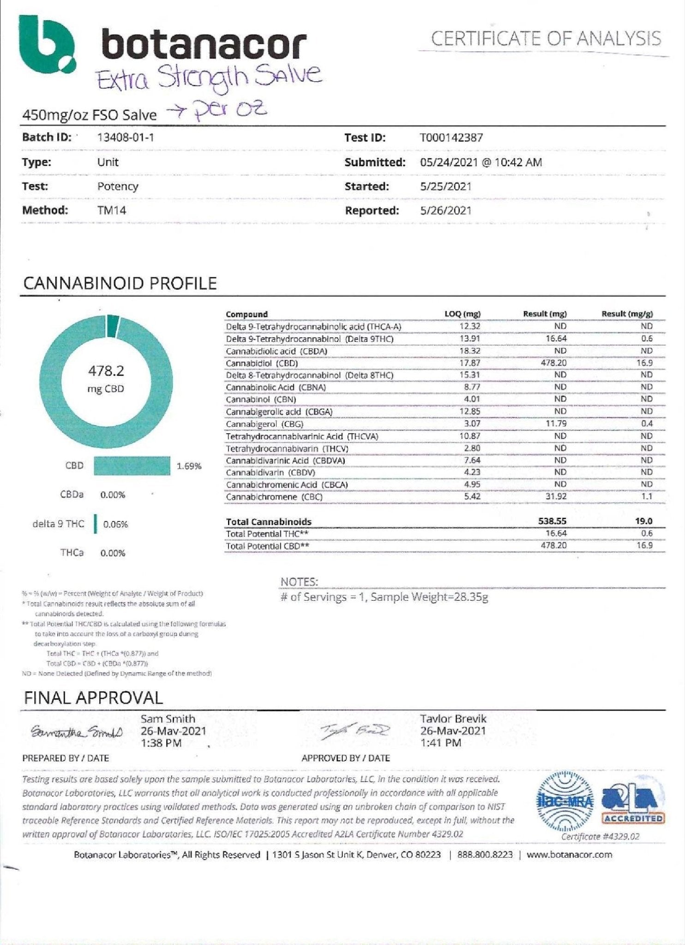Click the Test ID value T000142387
[x=451, y=138]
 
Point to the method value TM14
[x=112, y=210]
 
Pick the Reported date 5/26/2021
[x=445, y=211]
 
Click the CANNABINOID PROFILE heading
[x=120, y=283]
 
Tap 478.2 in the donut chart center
[x=106, y=371]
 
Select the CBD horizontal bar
[x=132, y=466]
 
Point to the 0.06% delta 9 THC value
[x=115, y=524]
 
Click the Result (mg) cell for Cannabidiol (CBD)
[x=554, y=363]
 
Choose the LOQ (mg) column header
[x=463, y=314]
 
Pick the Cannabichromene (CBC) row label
[x=274, y=497]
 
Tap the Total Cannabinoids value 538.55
[x=552, y=521]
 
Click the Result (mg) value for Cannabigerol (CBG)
[x=557, y=424]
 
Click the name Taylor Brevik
[x=453, y=719]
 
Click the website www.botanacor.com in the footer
[x=569, y=855]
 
